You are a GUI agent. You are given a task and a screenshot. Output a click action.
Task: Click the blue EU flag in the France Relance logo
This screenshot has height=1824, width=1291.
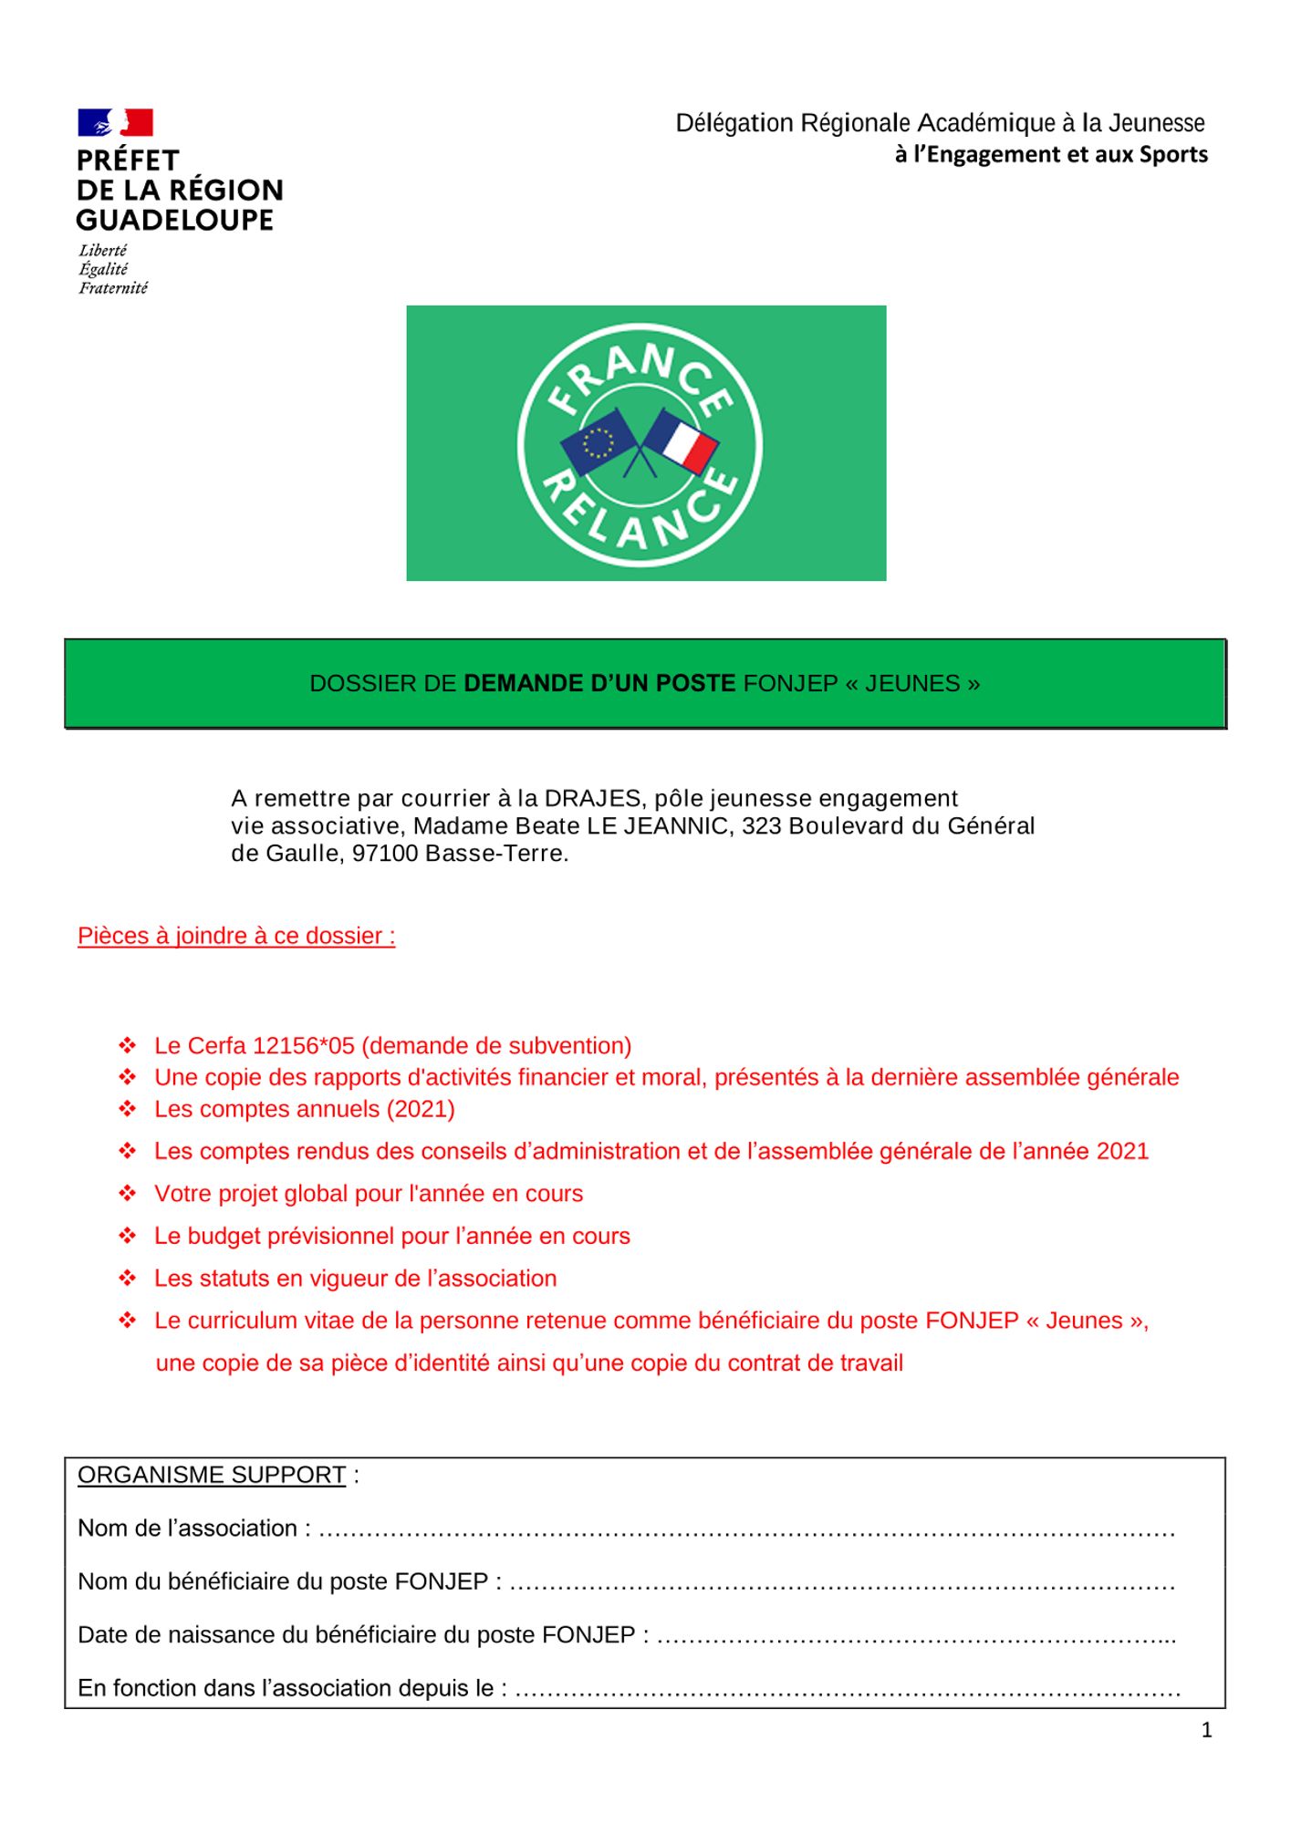tap(598, 441)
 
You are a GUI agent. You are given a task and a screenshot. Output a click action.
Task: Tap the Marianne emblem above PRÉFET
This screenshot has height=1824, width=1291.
tap(115, 122)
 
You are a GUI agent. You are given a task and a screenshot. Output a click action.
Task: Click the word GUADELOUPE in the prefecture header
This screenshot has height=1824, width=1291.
tap(175, 221)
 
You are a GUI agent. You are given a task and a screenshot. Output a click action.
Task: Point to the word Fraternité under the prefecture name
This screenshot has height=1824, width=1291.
tap(113, 288)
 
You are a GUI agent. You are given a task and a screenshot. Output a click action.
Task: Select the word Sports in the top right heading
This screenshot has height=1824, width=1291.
tap(1173, 155)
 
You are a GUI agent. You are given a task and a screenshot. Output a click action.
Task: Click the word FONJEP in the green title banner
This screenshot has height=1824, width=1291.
tap(790, 684)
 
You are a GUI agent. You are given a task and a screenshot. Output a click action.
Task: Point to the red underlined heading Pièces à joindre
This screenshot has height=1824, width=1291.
tap(236, 936)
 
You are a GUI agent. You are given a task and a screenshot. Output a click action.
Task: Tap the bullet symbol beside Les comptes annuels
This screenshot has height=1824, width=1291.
tap(128, 1109)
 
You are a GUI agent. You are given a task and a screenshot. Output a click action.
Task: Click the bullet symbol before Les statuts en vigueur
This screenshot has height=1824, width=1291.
tap(128, 1279)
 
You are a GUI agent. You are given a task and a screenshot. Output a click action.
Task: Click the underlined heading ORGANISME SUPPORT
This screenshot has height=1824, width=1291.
tap(212, 1475)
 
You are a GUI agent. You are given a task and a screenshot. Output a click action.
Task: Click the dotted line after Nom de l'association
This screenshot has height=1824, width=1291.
tap(746, 1529)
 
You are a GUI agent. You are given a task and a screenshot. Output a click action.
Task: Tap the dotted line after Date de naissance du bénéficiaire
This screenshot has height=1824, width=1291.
tap(916, 1636)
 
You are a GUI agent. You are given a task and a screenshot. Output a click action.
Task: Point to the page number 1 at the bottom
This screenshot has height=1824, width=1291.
tap(1207, 1730)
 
